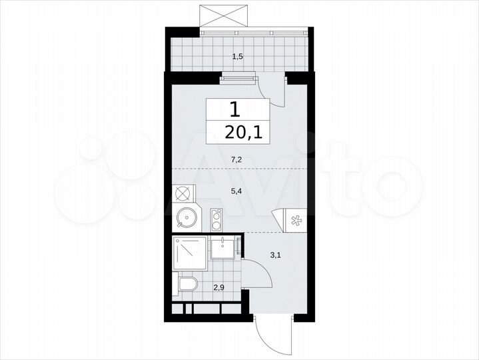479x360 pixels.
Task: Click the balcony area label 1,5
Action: coord(237,57)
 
